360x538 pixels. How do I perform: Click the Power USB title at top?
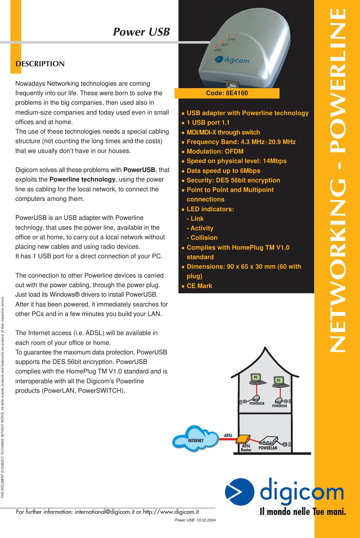click(x=141, y=32)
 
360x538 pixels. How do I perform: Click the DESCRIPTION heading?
click(x=40, y=64)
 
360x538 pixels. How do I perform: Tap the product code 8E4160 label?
click(x=227, y=93)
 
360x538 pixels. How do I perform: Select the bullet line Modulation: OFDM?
click(x=215, y=151)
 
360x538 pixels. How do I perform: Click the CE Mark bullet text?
click(x=199, y=286)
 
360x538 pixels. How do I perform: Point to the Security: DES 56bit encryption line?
click(x=233, y=180)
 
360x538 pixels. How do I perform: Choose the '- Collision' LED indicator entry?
click(x=202, y=238)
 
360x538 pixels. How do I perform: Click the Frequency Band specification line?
click(x=241, y=142)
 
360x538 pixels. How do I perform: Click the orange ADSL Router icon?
click(x=243, y=439)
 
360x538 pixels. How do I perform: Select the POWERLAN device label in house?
click(x=268, y=448)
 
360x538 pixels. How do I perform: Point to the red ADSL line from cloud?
click(x=227, y=439)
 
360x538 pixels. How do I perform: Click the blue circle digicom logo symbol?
click(x=240, y=492)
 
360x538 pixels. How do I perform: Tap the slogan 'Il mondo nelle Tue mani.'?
click(x=303, y=512)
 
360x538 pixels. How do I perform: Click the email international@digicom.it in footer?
click(x=105, y=512)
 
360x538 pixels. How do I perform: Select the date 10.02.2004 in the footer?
click(x=206, y=520)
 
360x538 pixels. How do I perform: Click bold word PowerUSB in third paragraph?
click(x=139, y=170)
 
